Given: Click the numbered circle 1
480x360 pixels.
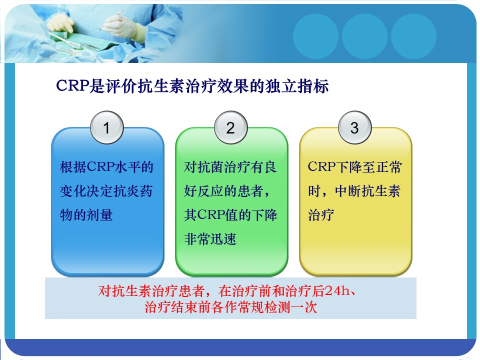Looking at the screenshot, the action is point(107,127).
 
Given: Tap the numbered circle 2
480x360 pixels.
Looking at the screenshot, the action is point(231,127).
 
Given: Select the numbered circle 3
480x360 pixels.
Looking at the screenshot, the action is point(354,127).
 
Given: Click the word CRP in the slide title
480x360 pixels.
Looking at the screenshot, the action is point(72,85).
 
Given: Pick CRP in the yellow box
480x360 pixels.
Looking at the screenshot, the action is point(321,167).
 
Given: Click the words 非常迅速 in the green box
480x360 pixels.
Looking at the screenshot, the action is point(210,239).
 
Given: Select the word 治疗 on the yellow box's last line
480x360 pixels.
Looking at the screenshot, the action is point(321,215).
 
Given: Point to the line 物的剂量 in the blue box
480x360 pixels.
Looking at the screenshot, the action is point(86,215).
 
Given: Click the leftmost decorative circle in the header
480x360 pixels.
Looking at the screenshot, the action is point(315,36).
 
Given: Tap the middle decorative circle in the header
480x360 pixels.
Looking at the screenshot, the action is point(364,36).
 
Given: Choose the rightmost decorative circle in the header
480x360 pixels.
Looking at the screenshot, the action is point(413,36).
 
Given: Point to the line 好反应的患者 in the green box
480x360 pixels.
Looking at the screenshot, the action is point(227,191).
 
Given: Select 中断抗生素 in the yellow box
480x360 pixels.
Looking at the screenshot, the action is point(367,191).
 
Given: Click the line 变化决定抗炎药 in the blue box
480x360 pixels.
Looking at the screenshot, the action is point(106,191).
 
